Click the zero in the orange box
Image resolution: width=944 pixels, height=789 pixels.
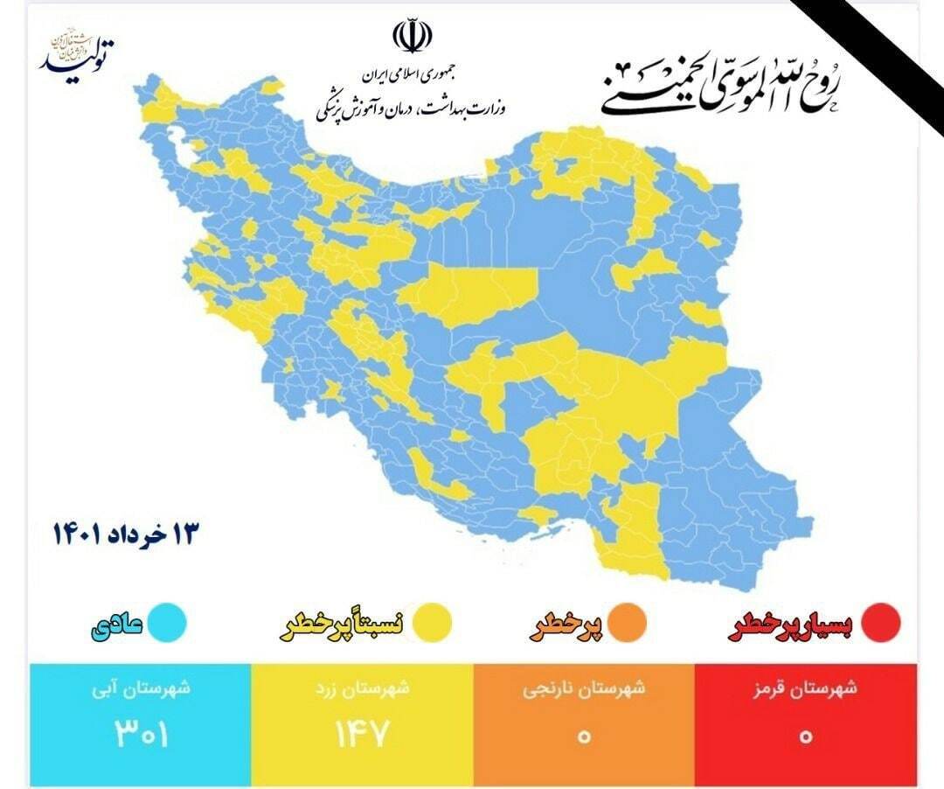pos(584,735)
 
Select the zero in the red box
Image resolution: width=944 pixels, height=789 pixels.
pos(806,735)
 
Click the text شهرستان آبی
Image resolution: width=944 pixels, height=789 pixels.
pos(140,688)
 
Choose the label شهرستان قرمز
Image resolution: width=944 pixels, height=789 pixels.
pos(806,688)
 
